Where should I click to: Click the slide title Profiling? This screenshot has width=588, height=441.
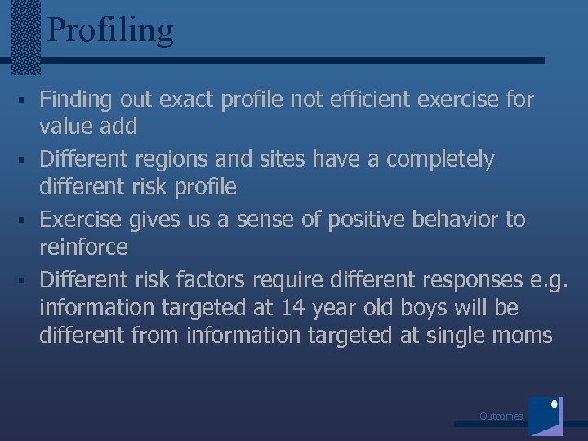click(x=110, y=30)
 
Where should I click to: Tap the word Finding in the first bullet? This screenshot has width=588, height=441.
click(x=76, y=100)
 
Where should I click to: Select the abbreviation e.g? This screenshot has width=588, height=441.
click(x=547, y=280)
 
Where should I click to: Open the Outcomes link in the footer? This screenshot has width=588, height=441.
click(x=501, y=416)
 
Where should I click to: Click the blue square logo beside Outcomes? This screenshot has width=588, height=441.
click(x=546, y=416)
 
